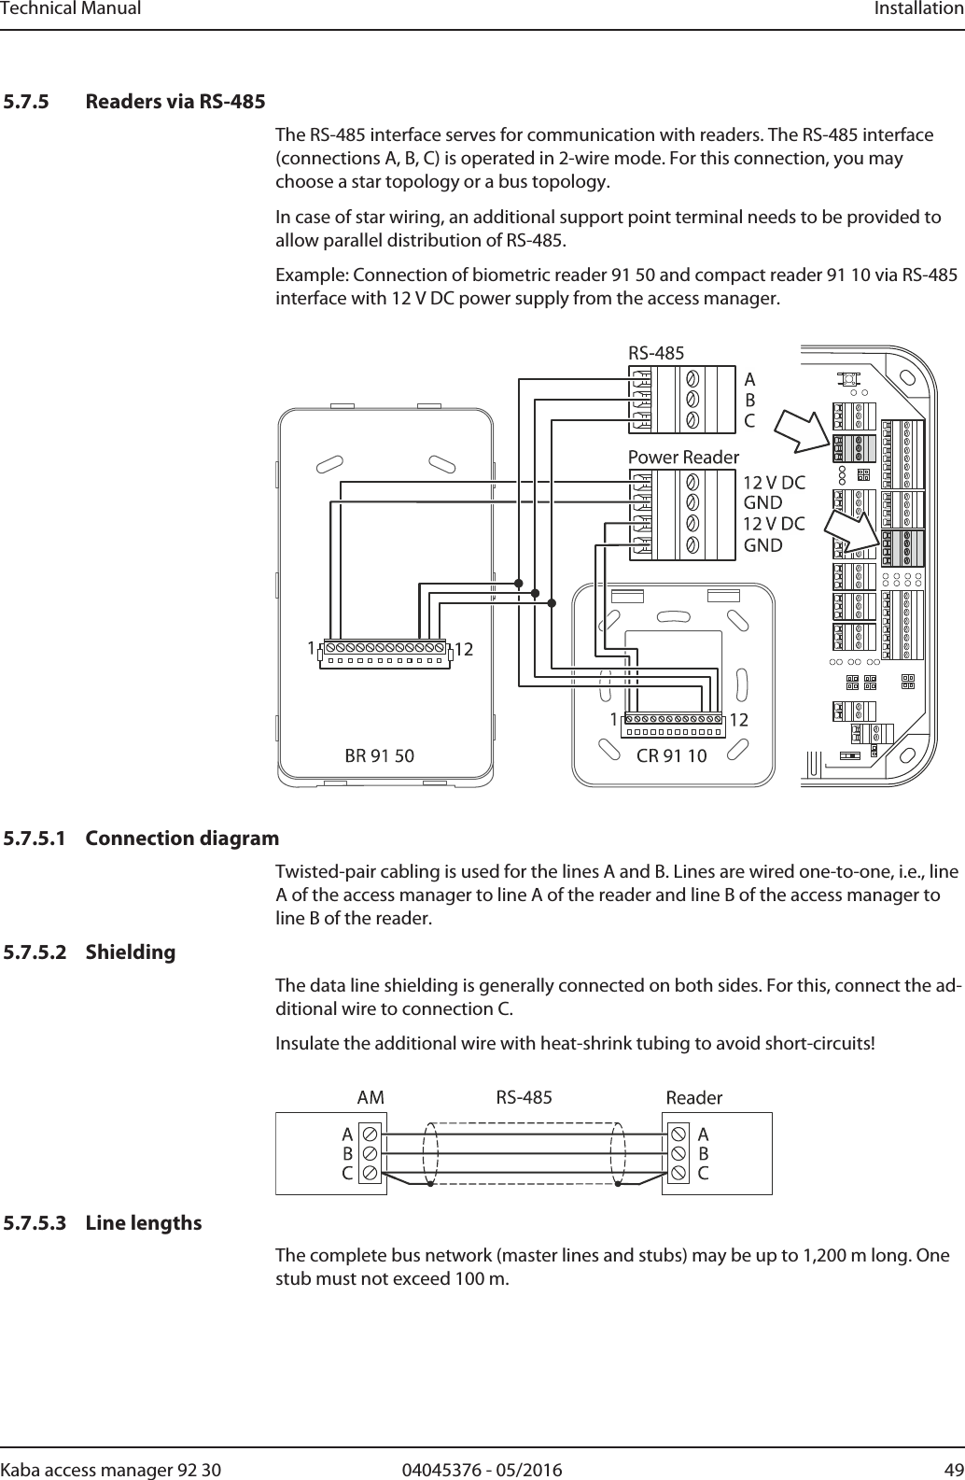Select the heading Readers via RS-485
coord(175,101)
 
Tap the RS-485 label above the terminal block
coord(656,353)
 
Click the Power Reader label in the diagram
coord(683,458)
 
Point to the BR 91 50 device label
coord(380,755)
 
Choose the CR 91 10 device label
coord(671,755)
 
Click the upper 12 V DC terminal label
coord(775,483)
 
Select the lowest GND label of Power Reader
coord(762,545)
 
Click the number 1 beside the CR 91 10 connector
coord(613,721)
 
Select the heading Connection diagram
coord(182,839)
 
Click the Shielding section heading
coord(131,952)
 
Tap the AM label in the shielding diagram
coord(371,1098)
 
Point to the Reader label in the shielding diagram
coord(694,1098)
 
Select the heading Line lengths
coord(144,1223)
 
